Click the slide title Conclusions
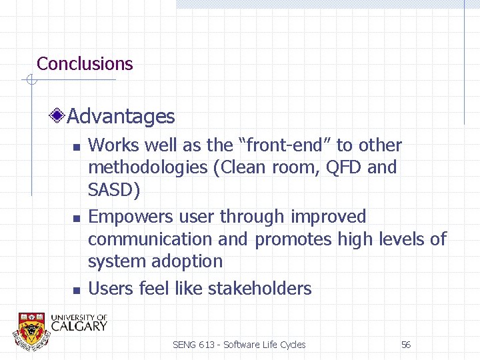pos(85,64)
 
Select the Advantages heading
pos(121,117)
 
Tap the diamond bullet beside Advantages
pos(59,117)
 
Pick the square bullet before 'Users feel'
pos(77,290)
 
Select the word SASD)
pos(114,191)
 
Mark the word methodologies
pos(147,168)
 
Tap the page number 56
pos(405,345)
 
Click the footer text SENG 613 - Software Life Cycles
pos(239,345)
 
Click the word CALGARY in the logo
pos(79,326)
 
